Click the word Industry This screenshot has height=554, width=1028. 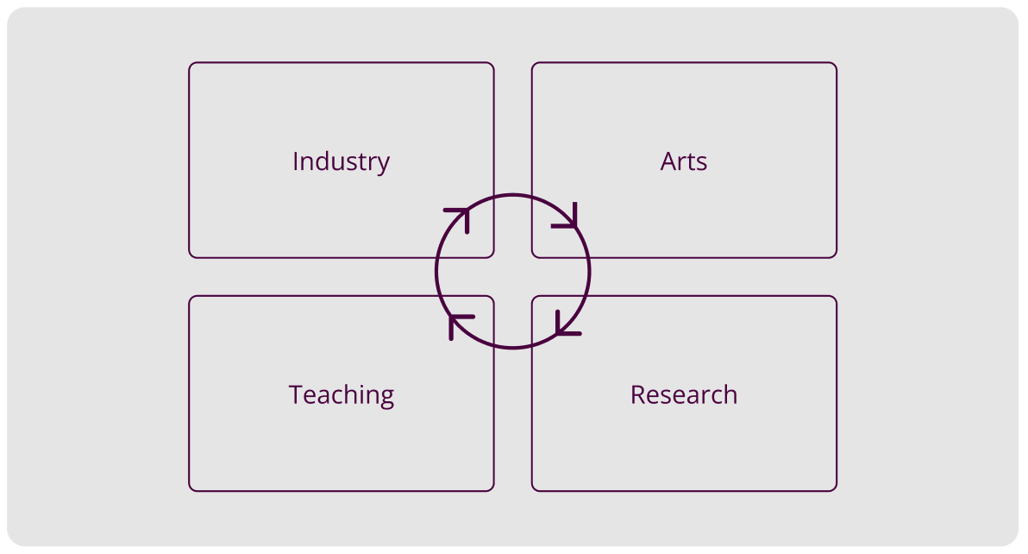click(x=341, y=161)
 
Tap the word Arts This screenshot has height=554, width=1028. click(x=684, y=161)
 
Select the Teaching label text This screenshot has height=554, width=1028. click(x=341, y=395)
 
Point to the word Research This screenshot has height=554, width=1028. click(x=684, y=395)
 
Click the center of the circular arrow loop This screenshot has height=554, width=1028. click(x=513, y=271)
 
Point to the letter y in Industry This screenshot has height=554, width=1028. click(x=384, y=164)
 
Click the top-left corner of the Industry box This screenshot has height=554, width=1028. click(x=191, y=64)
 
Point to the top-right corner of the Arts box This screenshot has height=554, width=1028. click(x=835, y=64)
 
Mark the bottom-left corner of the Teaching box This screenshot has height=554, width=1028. click(x=191, y=489)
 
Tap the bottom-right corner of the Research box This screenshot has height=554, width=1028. click(x=835, y=489)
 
